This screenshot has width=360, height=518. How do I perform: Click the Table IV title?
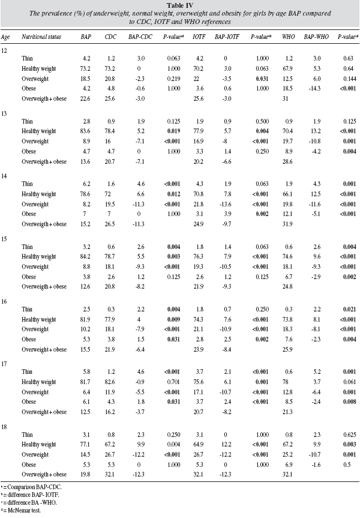click(179, 5)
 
